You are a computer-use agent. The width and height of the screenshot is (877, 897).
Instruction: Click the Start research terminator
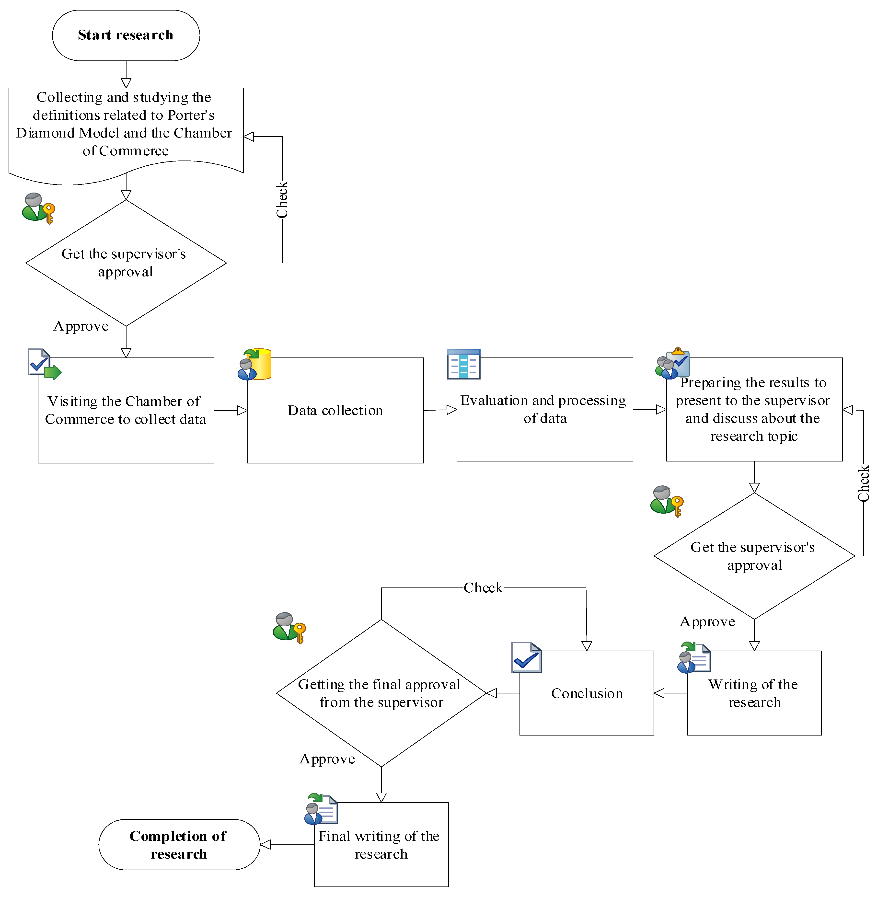[x=126, y=35]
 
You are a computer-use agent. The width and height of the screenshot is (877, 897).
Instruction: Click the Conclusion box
[x=586, y=693]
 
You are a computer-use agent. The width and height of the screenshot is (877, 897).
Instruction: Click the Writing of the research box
[x=754, y=693]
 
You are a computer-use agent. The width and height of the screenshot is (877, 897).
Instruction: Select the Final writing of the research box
[x=381, y=844]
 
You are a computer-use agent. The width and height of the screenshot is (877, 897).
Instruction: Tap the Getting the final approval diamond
[x=381, y=693]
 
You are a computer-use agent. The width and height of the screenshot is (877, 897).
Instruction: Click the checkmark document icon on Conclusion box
[x=526, y=657]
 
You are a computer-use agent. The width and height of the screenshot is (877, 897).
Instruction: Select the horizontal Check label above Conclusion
[x=483, y=587]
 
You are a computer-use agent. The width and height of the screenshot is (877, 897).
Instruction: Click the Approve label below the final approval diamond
[x=327, y=759]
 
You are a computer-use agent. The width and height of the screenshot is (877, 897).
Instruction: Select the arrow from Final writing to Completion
[x=287, y=844]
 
